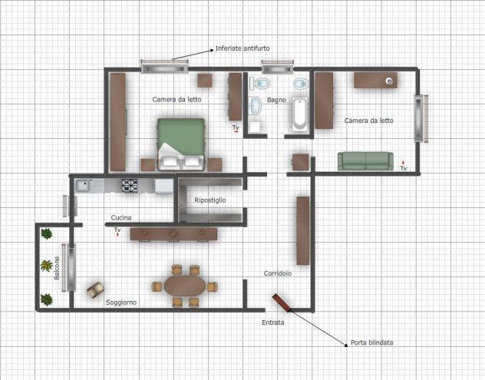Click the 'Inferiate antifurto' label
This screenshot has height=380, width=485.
[242, 48]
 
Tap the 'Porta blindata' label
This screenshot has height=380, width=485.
[371, 342]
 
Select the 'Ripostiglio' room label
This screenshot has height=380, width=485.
[210, 200]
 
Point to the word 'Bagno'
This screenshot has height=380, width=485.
[276, 100]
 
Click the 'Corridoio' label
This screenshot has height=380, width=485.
[278, 273]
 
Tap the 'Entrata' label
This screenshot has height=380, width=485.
[273, 322]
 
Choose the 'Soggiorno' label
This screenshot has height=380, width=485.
[121, 302]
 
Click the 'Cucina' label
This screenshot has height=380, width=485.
[121, 218]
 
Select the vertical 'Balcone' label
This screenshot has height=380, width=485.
[57, 268]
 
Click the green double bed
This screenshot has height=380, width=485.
[181, 144]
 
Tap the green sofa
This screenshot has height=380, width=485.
[365, 161]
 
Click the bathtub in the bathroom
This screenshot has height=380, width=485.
[300, 114]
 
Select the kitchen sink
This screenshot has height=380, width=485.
[83, 186]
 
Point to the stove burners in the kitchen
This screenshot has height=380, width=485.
[130, 186]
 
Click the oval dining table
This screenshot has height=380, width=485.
[185, 286]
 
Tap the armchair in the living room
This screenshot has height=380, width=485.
[95, 290]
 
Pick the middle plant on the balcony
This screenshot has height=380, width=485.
[46, 266]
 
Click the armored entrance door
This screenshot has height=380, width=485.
[282, 302]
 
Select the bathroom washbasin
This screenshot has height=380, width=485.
[256, 105]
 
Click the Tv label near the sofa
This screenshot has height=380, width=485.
[404, 167]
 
